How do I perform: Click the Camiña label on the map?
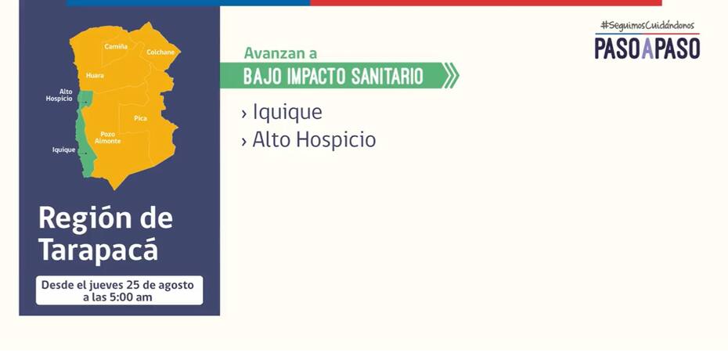116,46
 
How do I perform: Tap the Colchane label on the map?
160,52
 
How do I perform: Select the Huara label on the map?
95,75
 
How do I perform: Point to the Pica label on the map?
141,118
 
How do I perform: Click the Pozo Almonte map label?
108,137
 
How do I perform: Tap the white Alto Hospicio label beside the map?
59,95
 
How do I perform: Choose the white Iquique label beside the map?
63,149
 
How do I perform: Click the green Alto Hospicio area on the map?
85,98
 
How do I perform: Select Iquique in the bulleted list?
287,113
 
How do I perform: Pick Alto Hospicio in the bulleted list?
314,139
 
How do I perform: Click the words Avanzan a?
280,53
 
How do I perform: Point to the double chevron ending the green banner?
451,75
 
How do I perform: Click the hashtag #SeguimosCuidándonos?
647,26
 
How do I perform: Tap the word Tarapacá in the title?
98,251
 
